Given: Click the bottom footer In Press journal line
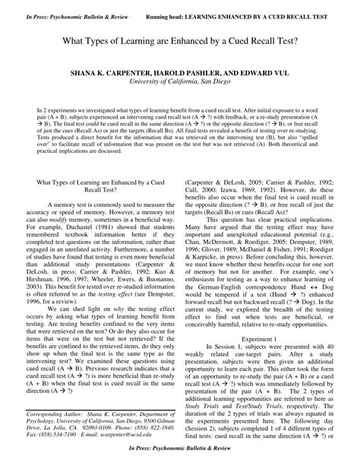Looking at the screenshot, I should pyautogui.click(x=180, y=458).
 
